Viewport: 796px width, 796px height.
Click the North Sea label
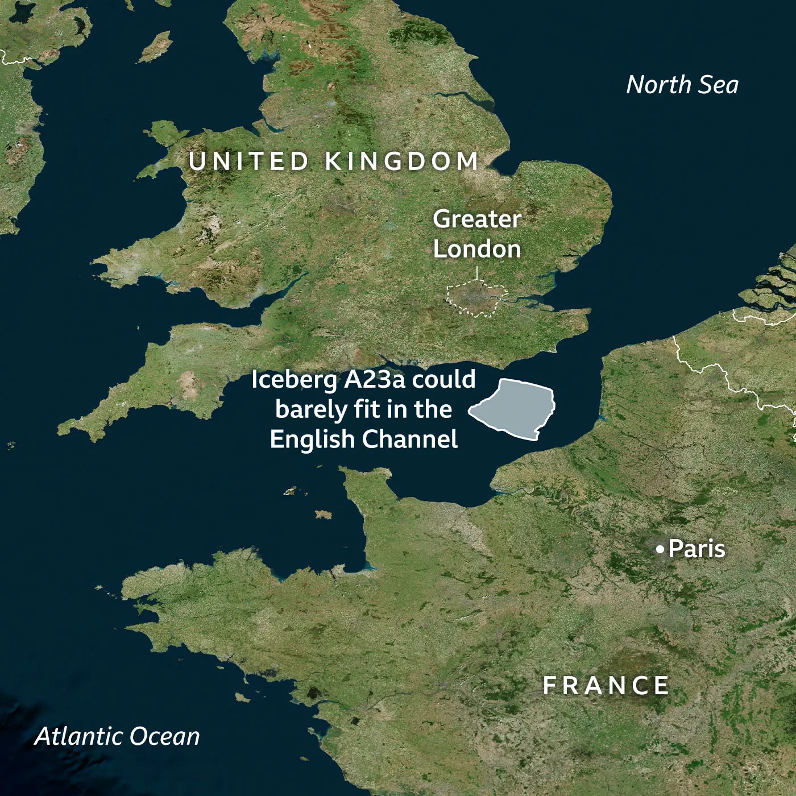[x=682, y=85]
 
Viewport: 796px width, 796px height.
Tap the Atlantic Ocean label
[x=117, y=736]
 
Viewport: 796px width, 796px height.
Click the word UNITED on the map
[x=249, y=161]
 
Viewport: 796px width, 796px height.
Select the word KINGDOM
[x=402, y=161]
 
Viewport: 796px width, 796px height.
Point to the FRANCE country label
[x=606, y=686]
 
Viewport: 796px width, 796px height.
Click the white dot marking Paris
[x=660, y=549]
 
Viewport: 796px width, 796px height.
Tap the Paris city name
[x=696, y=549]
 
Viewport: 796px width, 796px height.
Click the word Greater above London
[x=476, y=219]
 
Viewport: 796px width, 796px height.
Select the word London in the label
[x=476, y=249]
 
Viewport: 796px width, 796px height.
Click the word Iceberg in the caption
[x=294, y=380]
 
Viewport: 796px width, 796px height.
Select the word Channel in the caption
[x=410, y=439]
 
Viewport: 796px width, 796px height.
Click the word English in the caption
[x=313, y=440]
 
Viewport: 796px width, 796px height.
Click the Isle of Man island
[x=155, y=47]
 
